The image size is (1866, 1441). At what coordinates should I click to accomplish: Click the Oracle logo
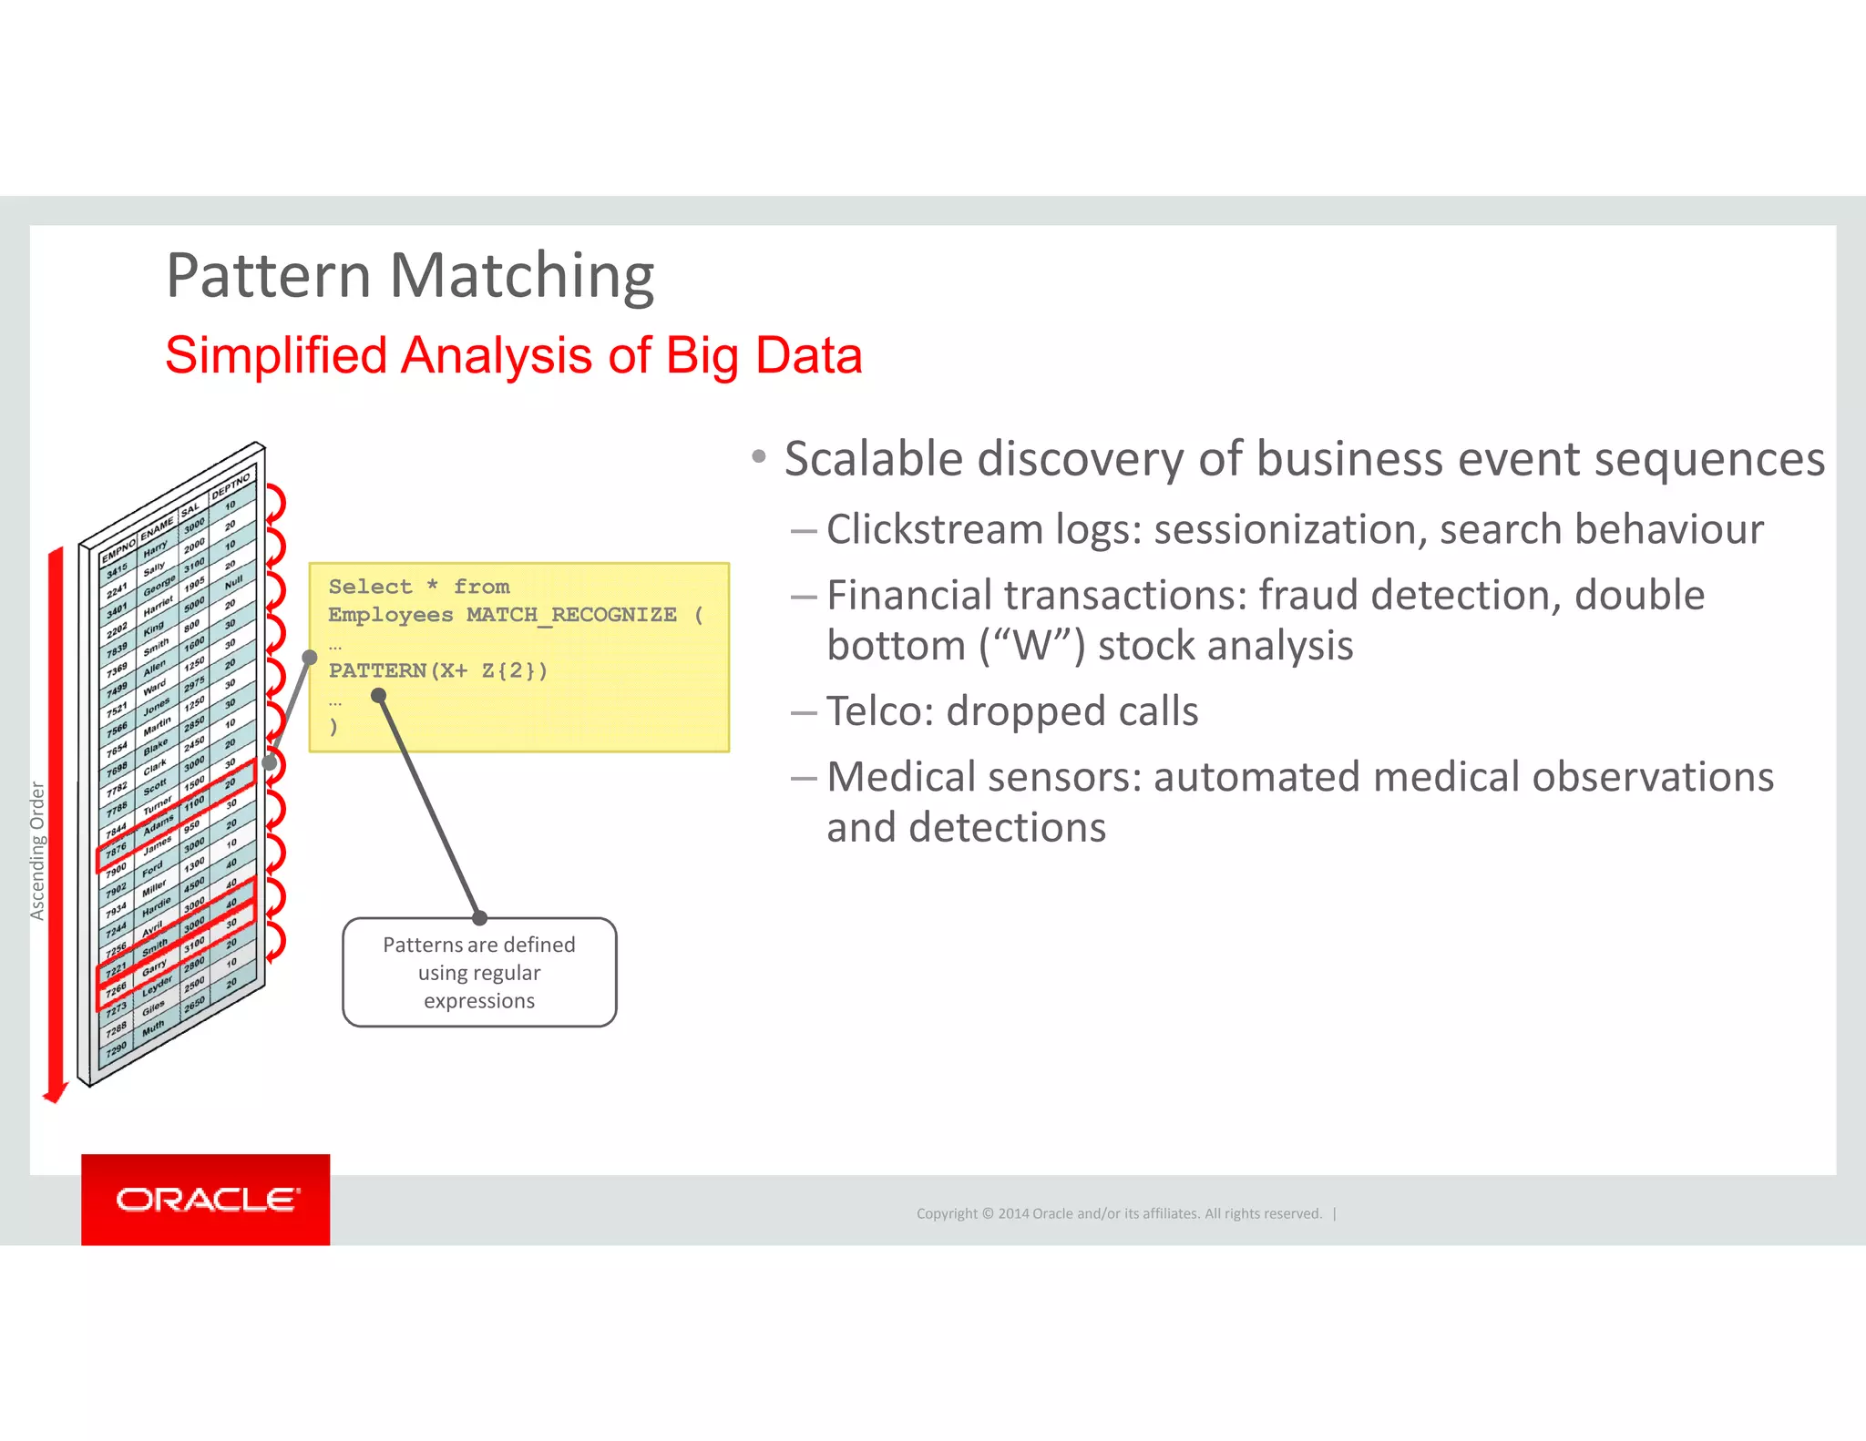pos(206,1200)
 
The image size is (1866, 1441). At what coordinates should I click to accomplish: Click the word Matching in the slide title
pos(522,276)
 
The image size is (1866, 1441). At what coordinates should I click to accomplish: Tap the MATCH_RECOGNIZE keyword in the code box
pos(571,615)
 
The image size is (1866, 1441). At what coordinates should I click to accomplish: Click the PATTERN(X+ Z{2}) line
pos(437,671)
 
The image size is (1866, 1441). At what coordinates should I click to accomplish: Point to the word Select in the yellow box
pos(370,587)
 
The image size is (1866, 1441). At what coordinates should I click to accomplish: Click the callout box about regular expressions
pos(479,973)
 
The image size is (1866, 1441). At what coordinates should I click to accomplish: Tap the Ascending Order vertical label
pos(37,851)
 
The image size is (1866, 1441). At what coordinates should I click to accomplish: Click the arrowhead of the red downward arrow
pos(56,1093)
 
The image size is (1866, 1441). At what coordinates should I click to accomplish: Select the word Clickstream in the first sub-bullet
pos(934,530)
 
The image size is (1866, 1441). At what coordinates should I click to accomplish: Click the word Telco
pos(879,711)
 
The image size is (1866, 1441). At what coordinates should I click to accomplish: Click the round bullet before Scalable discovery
pos(759,456)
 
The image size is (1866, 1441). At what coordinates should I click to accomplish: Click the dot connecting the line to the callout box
pos(479,918)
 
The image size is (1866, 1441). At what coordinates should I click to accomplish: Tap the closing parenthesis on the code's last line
pos(333,727)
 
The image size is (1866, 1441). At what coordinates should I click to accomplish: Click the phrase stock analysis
pos(1225,646)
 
